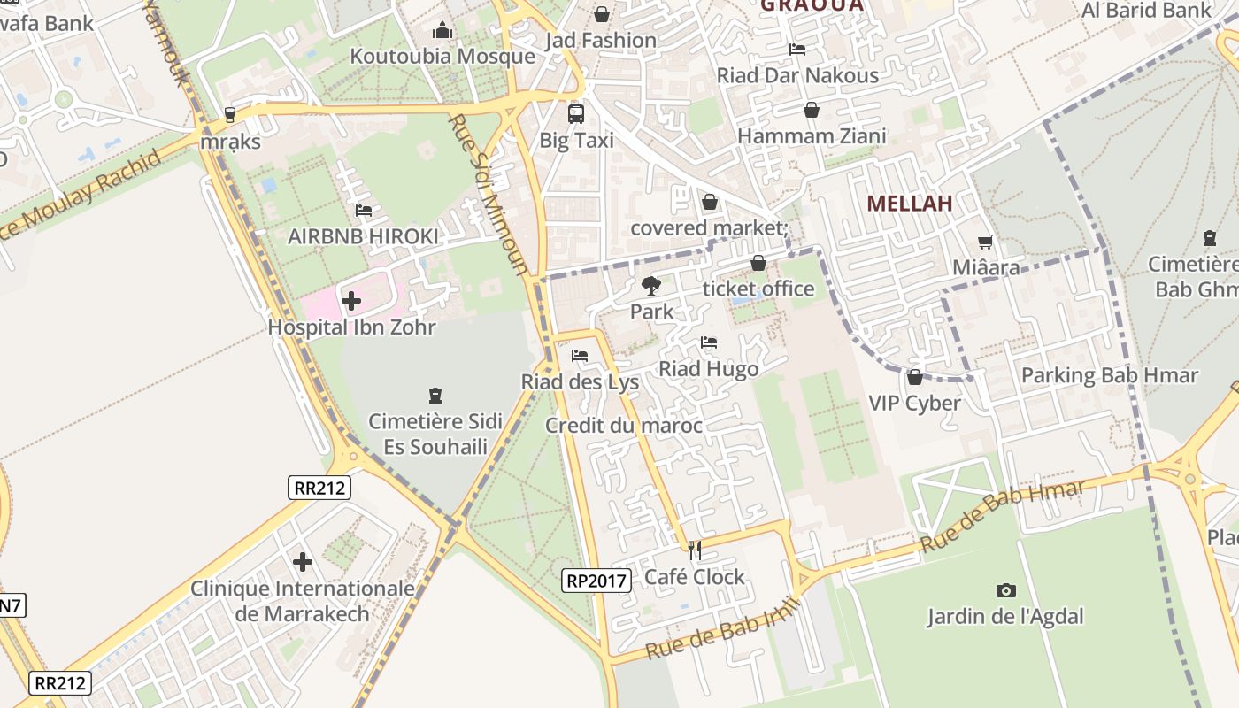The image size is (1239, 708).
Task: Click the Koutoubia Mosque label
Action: click(x=442, y=57)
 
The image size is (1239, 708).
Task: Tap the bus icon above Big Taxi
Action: click(x=576, y=113)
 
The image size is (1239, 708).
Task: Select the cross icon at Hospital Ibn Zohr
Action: click(x=351, y=301)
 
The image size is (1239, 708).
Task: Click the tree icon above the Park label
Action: click(x=651, y=285)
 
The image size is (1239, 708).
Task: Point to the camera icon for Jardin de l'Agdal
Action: click(x=1005, y=590)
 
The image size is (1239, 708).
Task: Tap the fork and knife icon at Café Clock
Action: click(x=695, y=550)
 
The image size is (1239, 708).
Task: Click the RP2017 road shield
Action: click(x=596, y=581)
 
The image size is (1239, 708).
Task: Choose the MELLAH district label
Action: click(x=910, y=204)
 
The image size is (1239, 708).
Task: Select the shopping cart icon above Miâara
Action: click(x=985, y=242)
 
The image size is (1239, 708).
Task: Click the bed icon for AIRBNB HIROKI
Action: click(x=363, y=211)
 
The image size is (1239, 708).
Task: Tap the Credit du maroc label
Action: click(x=624, y=426)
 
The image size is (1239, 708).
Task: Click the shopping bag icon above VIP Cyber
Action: click(x=915, y=378)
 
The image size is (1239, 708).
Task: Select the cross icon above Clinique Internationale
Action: click(x=303, y=562)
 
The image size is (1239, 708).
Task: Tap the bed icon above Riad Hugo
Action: click(x=708, y=342)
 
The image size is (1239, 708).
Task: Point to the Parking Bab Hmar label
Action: click(x=1110, y=375)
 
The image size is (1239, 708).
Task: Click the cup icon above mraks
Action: click(x=230, y=114)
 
